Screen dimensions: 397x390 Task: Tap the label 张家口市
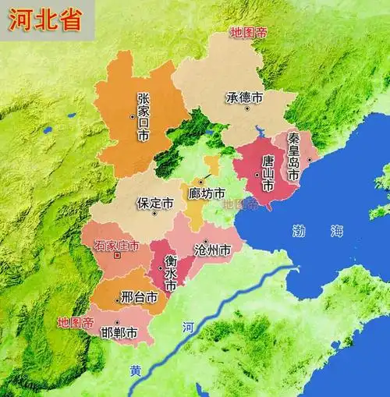143,117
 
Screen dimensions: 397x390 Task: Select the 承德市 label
244,99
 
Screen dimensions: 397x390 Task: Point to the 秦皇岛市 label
293,156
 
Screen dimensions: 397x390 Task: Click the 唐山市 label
268,174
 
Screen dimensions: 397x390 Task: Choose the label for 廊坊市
207,193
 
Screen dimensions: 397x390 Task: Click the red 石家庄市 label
116,246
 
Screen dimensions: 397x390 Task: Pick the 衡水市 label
170,274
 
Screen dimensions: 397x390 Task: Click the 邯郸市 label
119,333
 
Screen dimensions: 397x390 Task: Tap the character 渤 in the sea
300,231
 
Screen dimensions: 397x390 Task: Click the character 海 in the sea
336,231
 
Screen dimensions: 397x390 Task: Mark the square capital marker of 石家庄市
117,255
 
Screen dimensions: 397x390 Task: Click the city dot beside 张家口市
133,117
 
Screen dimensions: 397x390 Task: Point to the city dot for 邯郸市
117,322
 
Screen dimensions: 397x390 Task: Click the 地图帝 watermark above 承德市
248,33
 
